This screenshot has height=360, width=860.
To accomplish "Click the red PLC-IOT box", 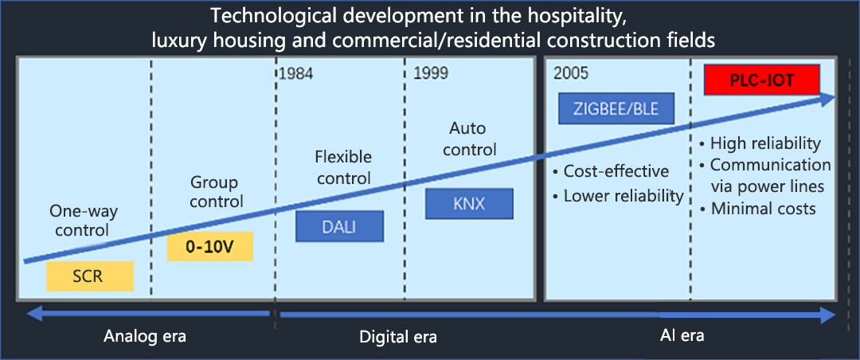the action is [761, 80].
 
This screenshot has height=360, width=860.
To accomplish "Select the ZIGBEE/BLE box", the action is [616, 108].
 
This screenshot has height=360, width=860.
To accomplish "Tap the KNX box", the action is [469, 204].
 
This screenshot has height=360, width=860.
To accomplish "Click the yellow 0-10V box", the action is [210, 246].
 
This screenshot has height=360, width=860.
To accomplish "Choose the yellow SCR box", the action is [90, 276].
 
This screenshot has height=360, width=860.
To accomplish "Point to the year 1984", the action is [296, 73].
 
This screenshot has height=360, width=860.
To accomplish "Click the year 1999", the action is [431, 73].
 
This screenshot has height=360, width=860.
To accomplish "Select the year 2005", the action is [571, 73].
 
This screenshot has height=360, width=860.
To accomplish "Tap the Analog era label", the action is [146, 336].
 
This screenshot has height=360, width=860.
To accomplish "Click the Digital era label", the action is [398, 336].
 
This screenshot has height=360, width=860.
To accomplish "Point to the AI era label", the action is [682, 335].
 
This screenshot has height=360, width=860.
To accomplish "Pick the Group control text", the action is [216, 191].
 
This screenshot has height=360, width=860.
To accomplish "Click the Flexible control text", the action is [343, 167].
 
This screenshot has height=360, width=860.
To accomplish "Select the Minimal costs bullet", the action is [757, 209].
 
